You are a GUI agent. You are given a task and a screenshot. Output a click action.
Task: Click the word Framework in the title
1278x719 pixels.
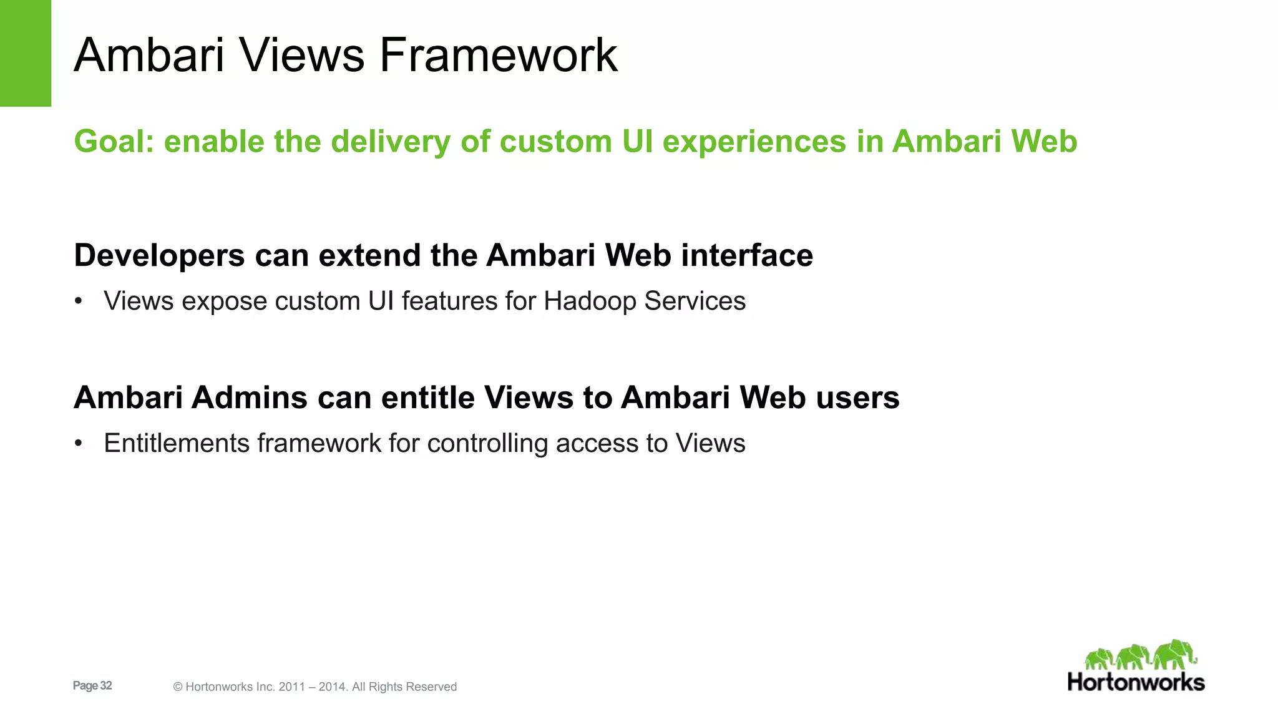pyautogui.click(x=498, y=55)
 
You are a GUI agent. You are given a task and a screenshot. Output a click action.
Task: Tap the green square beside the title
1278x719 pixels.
pyautogui.click(x=25, y=53)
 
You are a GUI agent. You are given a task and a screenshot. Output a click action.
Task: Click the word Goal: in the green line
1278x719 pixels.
pyautogui.click(x=114, y=141)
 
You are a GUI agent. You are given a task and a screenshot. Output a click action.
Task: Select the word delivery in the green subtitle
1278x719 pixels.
pyautogui.click(x=390, y=141)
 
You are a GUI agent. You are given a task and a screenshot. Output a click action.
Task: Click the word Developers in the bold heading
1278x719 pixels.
pyautogui.click(x=159, y=256)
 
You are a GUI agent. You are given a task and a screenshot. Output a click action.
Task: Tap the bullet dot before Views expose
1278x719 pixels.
pyautogui.click(x=78, y=301)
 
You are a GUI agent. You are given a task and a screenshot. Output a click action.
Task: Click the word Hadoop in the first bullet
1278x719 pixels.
pyautogui.click(x=590, y=301)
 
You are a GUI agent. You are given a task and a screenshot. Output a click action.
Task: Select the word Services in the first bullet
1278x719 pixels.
pyautogui.click(x=695, y=301)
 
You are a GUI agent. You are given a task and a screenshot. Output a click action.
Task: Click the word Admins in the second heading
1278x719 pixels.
pyautogui.click(x=250, y=398)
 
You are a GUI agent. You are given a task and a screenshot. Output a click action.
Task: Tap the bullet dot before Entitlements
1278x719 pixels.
pyautogui.click(x=78, y=444)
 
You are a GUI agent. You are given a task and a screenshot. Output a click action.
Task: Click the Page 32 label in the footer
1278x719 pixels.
pyautogui.click(x=92, y=685)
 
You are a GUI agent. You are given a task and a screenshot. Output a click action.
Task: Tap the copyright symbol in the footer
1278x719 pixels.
pyautogui.click(x=178, y=687)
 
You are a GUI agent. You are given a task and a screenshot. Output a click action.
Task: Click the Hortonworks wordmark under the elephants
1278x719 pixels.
pyautogui.click(x=1136, y=682)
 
